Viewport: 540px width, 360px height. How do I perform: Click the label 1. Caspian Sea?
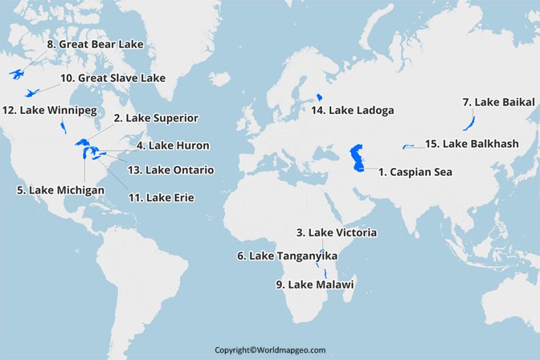[415, 172]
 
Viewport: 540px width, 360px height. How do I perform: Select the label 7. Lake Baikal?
[499, 103]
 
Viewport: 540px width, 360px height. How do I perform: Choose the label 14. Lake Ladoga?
[353, 110]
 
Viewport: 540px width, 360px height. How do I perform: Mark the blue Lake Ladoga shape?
[319, 96]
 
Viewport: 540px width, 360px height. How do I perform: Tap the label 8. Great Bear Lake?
[95, 44]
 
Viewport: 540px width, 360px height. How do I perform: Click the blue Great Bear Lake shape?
[18, 74]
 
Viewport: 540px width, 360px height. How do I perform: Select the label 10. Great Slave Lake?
[112, 78]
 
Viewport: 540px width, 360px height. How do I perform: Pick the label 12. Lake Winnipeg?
[49, 110]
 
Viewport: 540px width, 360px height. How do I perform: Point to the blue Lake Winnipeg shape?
[63, 127]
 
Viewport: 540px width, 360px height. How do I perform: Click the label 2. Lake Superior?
[156, 118]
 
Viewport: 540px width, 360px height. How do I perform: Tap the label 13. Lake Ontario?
[170, 170]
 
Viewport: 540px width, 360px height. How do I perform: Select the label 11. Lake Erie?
[161, 198]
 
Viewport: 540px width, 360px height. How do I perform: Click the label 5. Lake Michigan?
[61, 191]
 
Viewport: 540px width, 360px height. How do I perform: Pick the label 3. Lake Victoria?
[337, 233]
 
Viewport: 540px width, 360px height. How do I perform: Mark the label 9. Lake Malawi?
[314, 285]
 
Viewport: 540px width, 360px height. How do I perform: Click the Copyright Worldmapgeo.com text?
[270, 349]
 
